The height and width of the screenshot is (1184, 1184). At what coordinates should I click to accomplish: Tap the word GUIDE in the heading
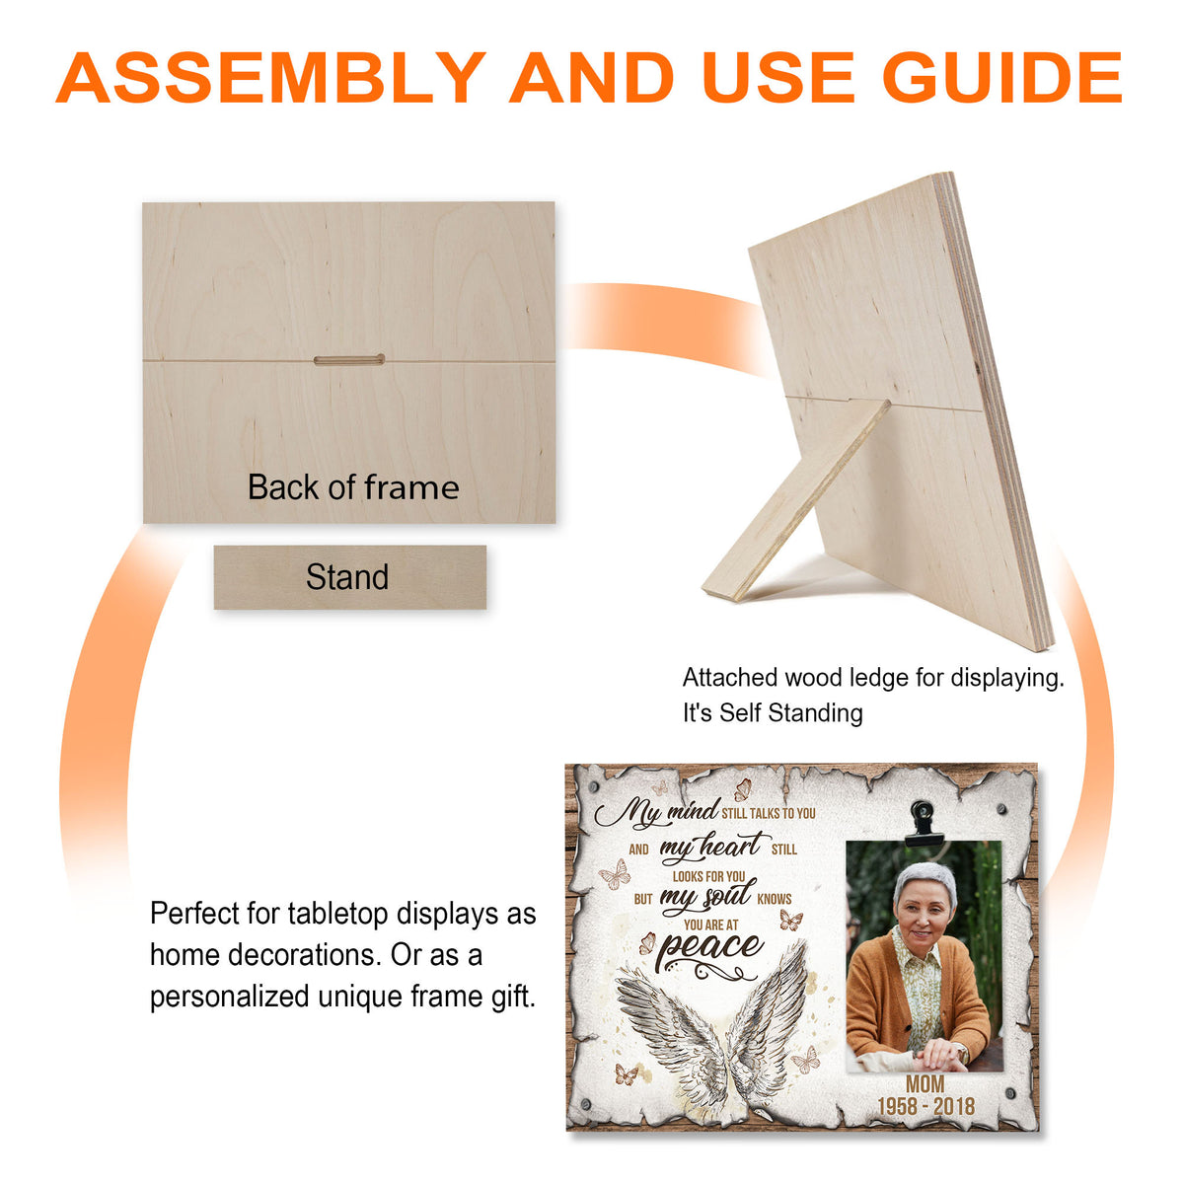[x=1002, y=77]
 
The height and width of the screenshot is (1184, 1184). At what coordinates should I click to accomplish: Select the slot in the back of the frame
[x=349, y=360]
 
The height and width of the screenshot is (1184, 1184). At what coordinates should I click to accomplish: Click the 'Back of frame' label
[x=353, y=487]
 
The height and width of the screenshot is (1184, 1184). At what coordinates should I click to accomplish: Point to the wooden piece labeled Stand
[x=349, y=577]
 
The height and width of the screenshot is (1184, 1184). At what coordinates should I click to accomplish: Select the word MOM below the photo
[x=925, y=1083]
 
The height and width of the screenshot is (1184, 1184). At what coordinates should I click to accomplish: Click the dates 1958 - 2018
[x=925, y=1106]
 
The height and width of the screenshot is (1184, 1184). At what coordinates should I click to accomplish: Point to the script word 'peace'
[x=710, y=947]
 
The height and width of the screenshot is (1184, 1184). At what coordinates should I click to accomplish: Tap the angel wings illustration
[x=711, y=1037]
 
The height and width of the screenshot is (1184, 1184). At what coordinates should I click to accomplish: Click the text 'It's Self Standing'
[x=773, y=712]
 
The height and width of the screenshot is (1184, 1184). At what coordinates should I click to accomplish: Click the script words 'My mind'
[x=656, y=812]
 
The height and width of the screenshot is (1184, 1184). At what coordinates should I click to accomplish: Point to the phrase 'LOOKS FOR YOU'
[x=708, y=876]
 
